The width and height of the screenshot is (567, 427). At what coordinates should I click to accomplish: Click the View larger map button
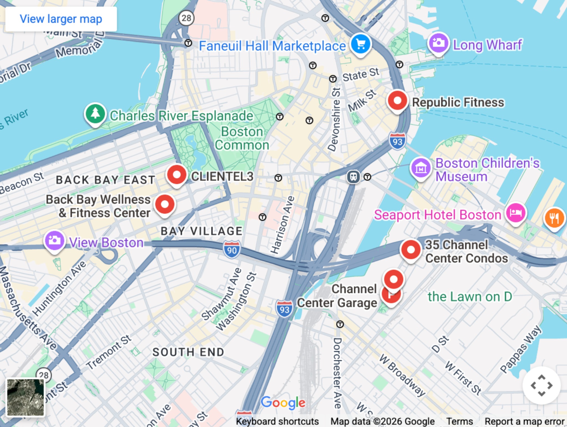point(61,19)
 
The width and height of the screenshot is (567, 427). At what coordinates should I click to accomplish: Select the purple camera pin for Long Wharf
point(438,43)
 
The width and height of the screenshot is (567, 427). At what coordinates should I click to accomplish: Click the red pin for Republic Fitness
point(397,101)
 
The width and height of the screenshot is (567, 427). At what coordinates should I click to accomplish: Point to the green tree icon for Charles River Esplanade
point(95,114)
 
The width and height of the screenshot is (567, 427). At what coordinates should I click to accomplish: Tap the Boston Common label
point(242,138)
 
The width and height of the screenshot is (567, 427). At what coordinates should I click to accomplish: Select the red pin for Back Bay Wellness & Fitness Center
point(165,204)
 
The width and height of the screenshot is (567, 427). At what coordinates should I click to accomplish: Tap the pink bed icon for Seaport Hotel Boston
point(515,213)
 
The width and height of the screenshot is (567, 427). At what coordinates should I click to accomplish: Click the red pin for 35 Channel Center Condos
point(411,250)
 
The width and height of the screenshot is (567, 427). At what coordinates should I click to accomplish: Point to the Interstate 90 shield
point(232,250)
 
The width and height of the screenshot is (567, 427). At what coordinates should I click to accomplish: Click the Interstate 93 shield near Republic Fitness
point(397,141)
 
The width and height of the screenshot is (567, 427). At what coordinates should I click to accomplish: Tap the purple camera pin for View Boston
point(55,241)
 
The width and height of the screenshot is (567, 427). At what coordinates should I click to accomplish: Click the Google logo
point(283,402)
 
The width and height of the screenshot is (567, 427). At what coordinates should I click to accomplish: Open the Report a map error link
point(524,421)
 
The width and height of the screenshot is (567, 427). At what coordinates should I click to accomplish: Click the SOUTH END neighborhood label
point(188,352)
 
